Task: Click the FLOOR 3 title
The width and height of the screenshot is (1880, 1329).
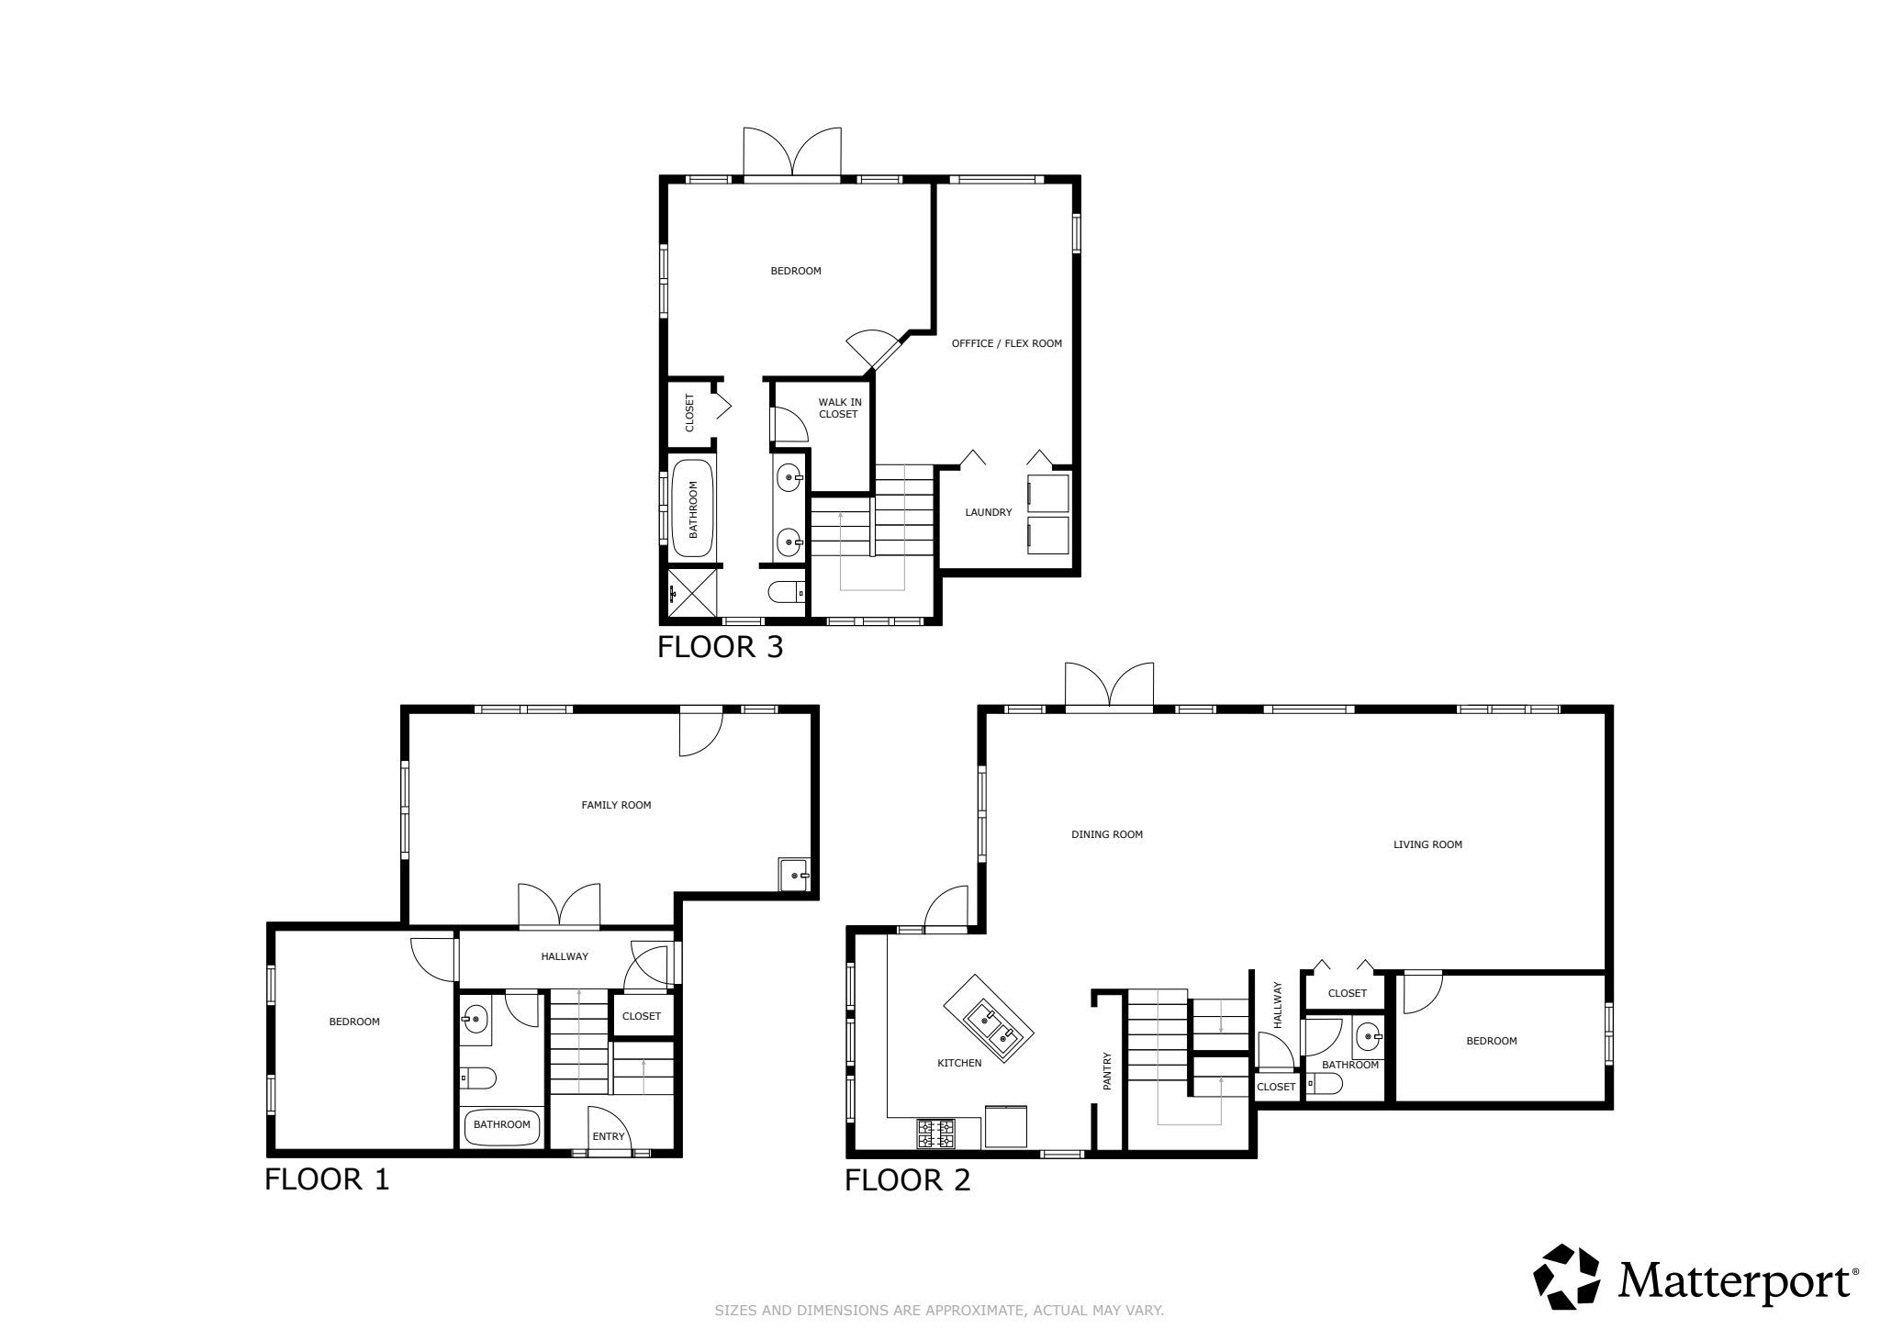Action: [721, 647]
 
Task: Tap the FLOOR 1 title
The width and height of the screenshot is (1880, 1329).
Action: [327, 1179]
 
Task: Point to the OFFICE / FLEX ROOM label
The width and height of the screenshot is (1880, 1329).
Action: [1006, 343]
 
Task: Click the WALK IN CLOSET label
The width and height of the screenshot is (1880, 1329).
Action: [839, 408]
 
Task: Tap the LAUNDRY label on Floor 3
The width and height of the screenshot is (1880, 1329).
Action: [988, 512]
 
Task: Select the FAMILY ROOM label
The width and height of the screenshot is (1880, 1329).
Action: [616, 805]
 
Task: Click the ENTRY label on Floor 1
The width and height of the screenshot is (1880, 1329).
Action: [609, 1136]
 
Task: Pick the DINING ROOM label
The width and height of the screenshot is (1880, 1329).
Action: [1107, 834]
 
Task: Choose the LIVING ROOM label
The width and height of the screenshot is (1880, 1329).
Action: [1427, 844]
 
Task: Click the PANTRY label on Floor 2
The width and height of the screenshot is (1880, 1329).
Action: [1107, 1071]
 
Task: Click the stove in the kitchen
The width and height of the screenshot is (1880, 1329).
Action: [935, 1134]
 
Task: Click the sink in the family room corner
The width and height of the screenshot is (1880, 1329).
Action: [794, 875]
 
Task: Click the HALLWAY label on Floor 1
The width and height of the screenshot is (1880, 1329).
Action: [565, 956]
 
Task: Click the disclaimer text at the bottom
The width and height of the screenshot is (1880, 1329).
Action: [939, 1311]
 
